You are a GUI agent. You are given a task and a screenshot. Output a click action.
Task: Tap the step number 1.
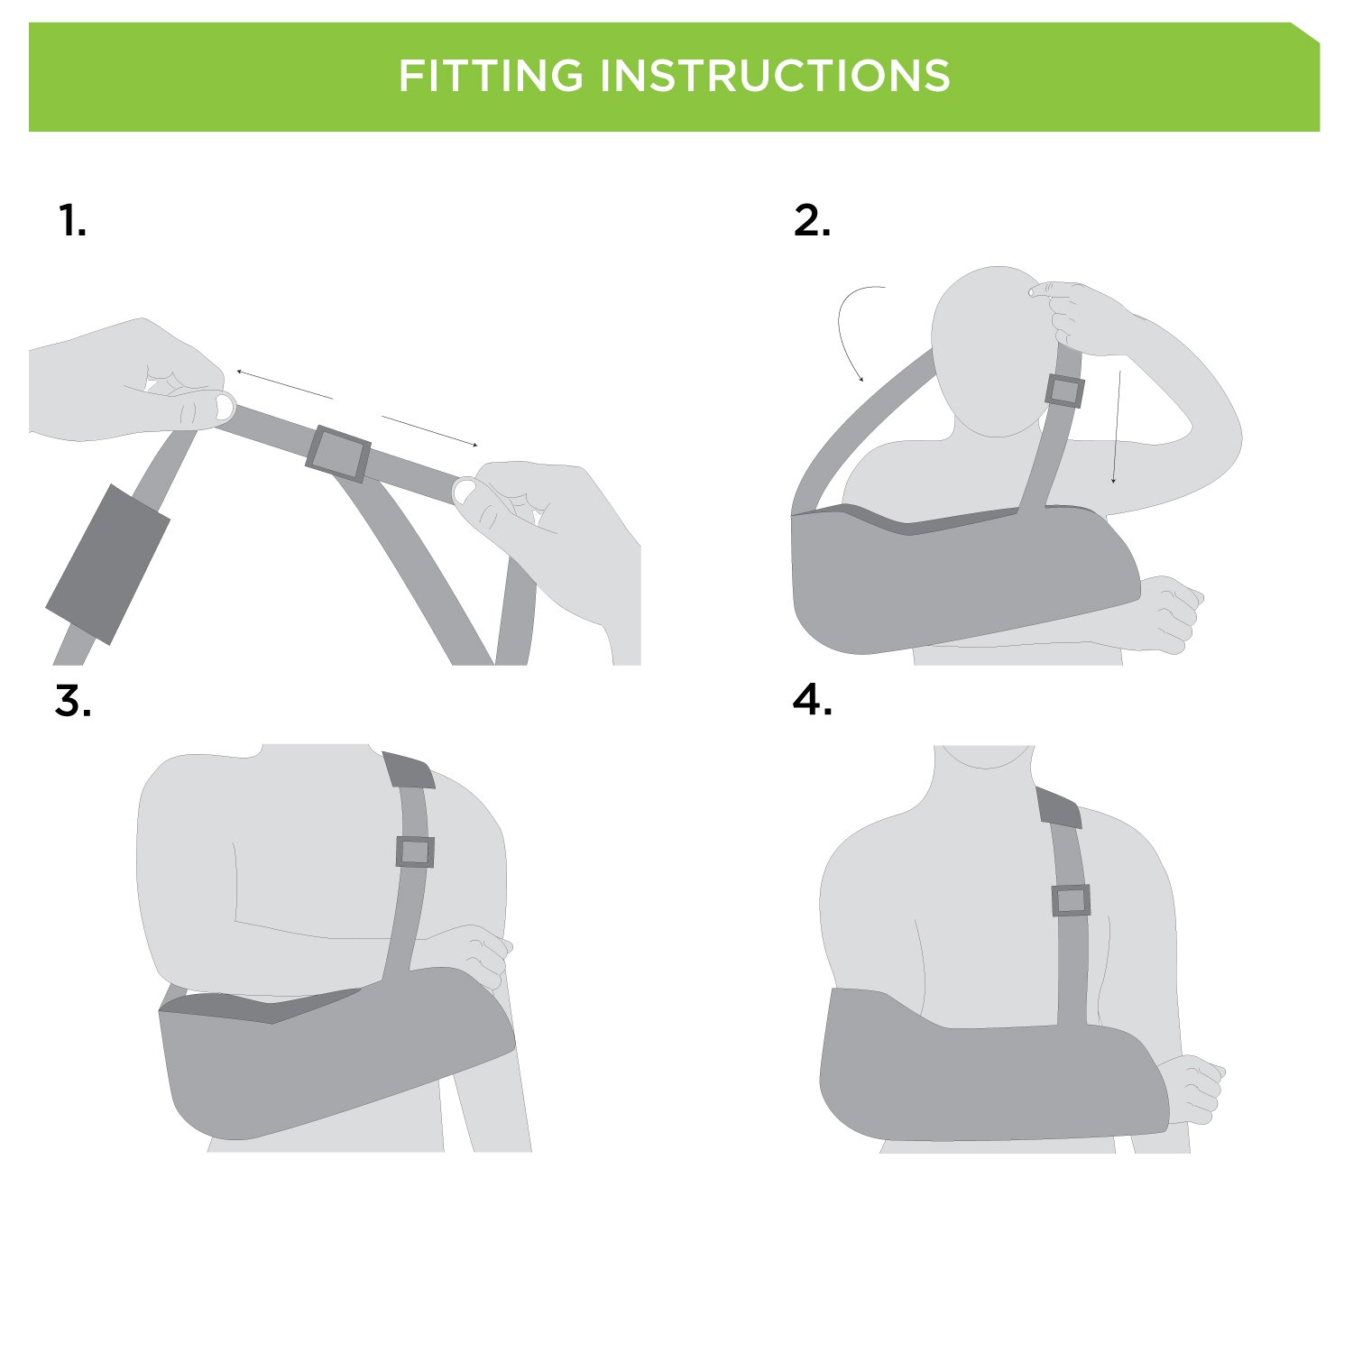click(x=72, y=220)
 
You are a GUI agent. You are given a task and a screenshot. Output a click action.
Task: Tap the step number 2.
click(x=813, y=220)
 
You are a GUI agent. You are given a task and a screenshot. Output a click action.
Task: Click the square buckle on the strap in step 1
click(x=338, y=454)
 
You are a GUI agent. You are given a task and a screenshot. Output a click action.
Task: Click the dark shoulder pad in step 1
click(x=108, y=565)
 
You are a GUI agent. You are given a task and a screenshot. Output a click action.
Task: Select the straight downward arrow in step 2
click(x=1117, y=427)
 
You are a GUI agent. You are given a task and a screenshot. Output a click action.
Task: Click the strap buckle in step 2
click(x=1064, y=391)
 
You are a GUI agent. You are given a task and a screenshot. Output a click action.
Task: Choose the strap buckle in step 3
click(x=415, y=851)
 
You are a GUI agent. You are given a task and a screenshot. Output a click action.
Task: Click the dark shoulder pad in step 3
click(x=409, y=769)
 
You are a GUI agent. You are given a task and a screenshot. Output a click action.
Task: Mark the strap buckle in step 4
click(x=1071, y=900)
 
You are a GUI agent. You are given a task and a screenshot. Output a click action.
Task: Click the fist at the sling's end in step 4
click(x=1191, y=1089)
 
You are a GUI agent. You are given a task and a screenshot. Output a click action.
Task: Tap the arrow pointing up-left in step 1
click(x=285, y=384)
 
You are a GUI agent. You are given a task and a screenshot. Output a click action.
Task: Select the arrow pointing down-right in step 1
click(x=429, y=431)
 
